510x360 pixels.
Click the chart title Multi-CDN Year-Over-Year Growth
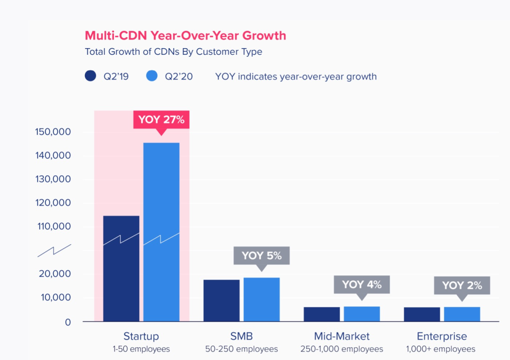point(185,35)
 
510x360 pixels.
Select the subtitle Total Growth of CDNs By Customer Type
point(173,51)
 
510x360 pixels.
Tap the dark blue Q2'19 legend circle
point(91,76)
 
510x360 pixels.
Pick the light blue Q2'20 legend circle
point(152,76)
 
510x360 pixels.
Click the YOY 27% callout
point(161,120)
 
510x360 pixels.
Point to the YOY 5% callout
point(261,256)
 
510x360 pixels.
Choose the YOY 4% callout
point(362,284)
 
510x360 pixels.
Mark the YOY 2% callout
point(462,285)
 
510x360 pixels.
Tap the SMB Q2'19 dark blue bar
point(221,300)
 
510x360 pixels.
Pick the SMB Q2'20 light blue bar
point(262,300)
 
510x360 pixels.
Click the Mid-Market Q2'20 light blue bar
point(362,314)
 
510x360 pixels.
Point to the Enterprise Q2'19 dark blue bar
point(422,314)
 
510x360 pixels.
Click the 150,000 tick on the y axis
point(53,132)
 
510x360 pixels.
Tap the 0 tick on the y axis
point(68,322)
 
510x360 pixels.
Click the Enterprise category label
point(442,336)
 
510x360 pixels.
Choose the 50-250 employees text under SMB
point(241,349)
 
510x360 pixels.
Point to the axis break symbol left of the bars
point(54,250)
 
